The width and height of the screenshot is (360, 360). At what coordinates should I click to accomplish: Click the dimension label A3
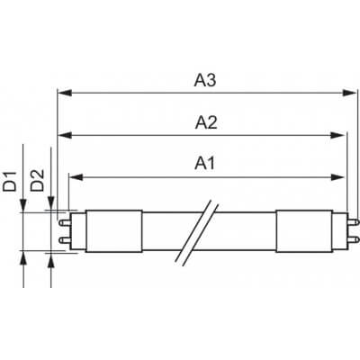pos(203,79)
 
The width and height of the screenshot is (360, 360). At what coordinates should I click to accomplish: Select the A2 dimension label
pos(203,123)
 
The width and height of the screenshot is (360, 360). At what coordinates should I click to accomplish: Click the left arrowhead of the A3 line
pos(61,92)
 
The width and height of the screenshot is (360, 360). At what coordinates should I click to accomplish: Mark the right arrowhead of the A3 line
pos(352,92)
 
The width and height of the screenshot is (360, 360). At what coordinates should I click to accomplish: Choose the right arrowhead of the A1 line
pos(341,175)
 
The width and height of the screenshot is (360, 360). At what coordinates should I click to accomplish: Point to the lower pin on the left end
pos(63,241)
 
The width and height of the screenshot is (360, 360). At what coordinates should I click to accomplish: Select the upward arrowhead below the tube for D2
pos(50,256)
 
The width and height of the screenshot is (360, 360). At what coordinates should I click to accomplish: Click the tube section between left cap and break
pos(171,229)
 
